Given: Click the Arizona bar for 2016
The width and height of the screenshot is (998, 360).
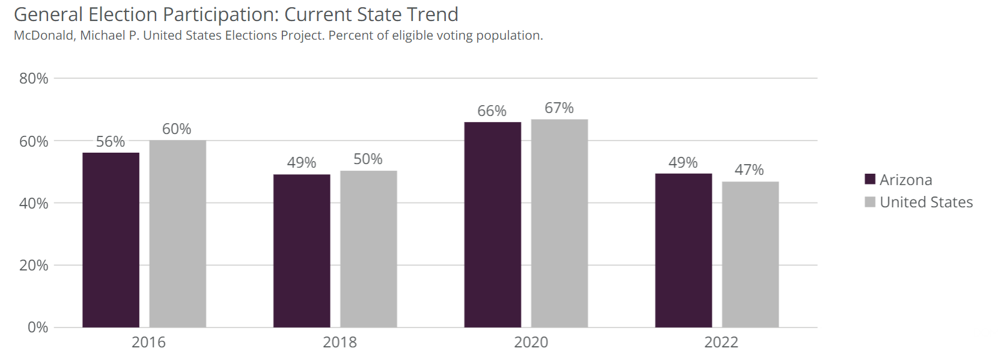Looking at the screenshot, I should (111, 240).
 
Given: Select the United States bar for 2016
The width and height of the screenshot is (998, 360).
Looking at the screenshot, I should (178, 234).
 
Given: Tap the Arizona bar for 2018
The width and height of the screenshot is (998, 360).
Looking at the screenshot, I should (302, 251).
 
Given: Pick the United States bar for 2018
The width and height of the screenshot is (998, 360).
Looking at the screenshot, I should (368, 249).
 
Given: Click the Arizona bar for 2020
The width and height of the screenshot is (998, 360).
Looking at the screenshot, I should (493, 225).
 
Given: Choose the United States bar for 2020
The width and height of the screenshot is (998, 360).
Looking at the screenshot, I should (559, 223).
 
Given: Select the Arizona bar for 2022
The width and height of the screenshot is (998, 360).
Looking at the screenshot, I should (683, 251).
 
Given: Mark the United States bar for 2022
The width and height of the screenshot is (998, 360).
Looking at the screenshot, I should (750, 254).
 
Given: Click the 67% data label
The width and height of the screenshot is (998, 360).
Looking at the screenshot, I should (559, 108).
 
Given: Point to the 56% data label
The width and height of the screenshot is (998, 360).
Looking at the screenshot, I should (111, 142).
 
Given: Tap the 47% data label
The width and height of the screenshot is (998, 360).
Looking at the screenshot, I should (749, 170).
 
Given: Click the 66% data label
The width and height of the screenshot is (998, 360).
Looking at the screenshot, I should (492, 111).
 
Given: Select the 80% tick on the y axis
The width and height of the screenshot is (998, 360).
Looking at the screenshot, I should (34, 79).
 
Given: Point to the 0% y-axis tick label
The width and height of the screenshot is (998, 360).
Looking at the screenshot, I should (38, 328).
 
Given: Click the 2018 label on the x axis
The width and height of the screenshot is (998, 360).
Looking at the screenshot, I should (339, 343).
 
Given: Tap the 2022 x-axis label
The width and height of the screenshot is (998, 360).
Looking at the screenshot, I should (721, 343).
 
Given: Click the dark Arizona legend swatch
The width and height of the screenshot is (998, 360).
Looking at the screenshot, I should (869, 179).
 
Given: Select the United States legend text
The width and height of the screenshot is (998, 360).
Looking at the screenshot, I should (926, 203).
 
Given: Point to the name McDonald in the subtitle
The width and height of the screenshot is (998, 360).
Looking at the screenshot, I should (44, 35).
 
